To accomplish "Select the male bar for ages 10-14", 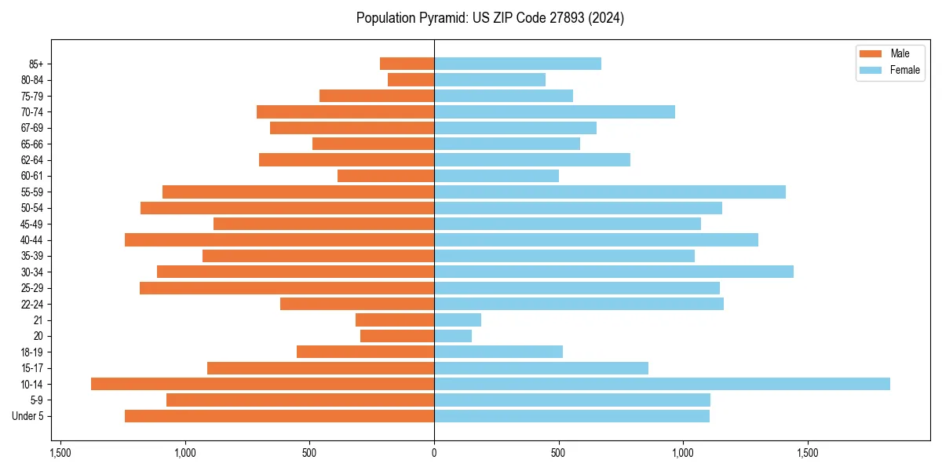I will [262, 384].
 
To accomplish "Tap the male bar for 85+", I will [407, 64].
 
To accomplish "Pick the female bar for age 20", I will [453, 336].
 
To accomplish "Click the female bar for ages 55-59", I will [610, 192].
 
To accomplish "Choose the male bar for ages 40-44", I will [279, 239].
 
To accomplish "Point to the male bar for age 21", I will [395, 320].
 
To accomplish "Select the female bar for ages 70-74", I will [554, 111].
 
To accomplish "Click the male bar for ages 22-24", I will [357, 304].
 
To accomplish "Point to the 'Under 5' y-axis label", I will [28, 416].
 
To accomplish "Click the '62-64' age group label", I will [32, 159].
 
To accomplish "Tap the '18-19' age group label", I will [32, 352].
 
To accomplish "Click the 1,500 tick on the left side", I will [60, 453].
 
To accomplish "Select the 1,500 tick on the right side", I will [808, 453].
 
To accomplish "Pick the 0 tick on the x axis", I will [434, 453].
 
